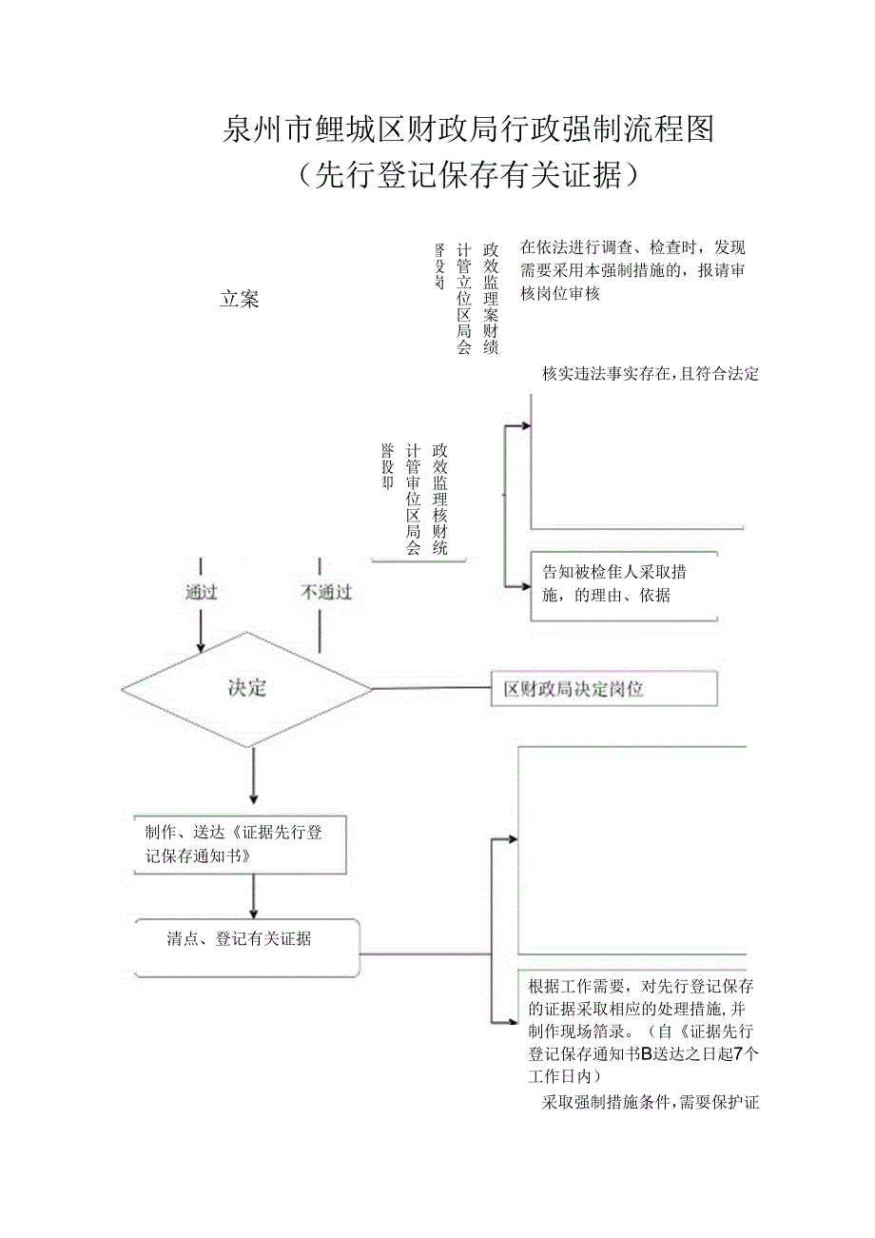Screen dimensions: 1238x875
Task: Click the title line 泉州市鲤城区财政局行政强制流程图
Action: (x=467, y=128)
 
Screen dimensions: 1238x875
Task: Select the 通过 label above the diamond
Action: (x=201, y=592)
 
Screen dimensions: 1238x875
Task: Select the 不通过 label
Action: (x=326, y=592)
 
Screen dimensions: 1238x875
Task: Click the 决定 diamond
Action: (x=247, y=688)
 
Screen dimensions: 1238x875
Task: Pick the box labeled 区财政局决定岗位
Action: (x=604, y=689)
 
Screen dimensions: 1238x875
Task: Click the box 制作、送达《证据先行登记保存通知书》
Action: (x=240, y=843)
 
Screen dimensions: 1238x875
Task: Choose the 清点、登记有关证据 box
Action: (x=247, y=947)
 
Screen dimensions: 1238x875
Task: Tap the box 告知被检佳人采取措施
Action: (x=623, y=584)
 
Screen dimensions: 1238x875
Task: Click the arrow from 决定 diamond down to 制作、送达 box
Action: (x=253, y=776)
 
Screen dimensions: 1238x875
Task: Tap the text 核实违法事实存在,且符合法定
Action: (x=651, y=374)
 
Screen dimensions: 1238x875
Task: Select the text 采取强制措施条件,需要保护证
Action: (x=651, y=1103)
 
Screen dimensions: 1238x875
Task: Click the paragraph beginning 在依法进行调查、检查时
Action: (x=632, y=269)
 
